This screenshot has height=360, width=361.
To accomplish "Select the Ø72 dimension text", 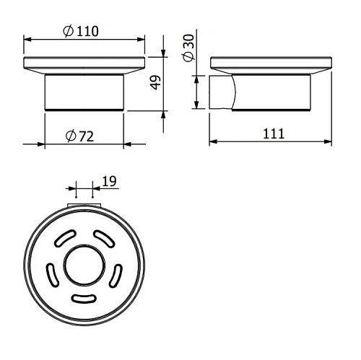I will (81, 135).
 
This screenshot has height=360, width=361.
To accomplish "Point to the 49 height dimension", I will (153, 82).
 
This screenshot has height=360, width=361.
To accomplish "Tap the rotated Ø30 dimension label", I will (188, 48).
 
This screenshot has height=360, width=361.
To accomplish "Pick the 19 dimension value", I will (109, 183).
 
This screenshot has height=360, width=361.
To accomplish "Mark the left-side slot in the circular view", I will (51, 275).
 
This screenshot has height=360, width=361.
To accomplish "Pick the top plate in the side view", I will (271, 63).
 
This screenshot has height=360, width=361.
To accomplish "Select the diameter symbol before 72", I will (69, 135).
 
